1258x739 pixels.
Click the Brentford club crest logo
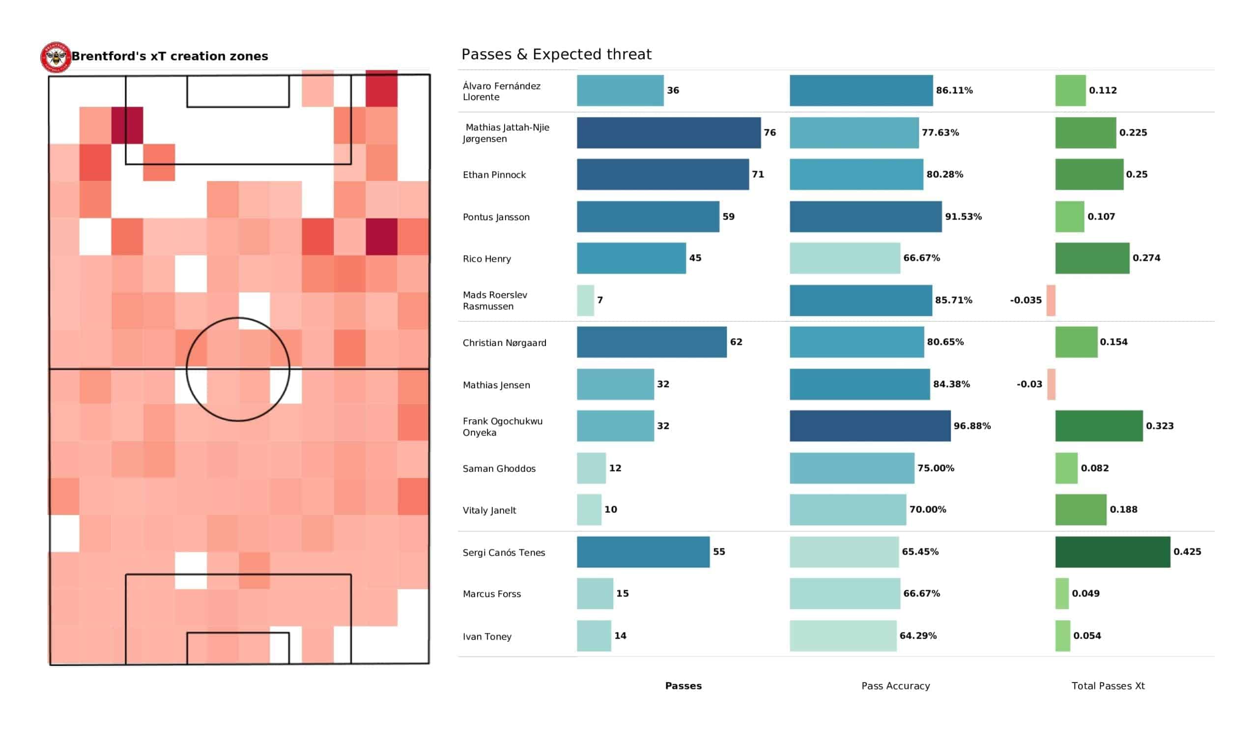[56, 57]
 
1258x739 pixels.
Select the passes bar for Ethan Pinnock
[662, 174]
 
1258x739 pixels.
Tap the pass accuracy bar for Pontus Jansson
[865, 217]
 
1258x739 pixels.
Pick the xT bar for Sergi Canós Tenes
[1112, 552]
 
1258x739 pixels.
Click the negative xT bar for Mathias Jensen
[1051, 384]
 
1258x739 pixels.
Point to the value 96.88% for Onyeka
[972, 426]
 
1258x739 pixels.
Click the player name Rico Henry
[486, 258]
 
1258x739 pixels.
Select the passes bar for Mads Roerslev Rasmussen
[585, 300]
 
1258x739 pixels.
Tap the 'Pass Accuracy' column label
[895, 686]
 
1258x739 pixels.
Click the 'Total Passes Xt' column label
[1108, 686]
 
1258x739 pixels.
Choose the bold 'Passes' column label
[683, 686]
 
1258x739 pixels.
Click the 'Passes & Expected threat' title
[556, 54]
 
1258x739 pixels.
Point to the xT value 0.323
[1160, 426]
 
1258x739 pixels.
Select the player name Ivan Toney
[486, 637]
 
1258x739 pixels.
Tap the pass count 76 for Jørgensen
[770, 132]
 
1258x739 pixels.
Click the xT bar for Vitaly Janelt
[1080, 510]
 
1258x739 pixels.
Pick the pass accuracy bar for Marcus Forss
[845, 594]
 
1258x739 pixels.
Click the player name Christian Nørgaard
[504, 342]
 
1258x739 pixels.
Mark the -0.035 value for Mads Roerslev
[1026, 300]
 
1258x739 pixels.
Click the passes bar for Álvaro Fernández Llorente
[620, 90]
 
